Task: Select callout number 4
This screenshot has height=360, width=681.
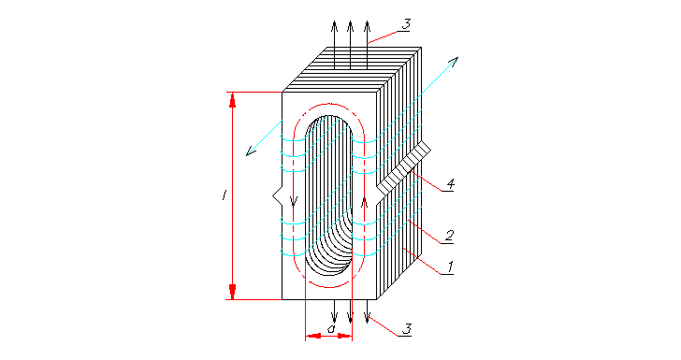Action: pos(450,185)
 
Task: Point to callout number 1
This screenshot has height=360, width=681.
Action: pos(450,266)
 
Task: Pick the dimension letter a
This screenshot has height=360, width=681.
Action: pos(330,329)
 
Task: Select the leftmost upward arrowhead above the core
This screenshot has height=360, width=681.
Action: pos(334,23)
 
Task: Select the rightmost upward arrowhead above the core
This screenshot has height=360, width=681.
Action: pos(367,23)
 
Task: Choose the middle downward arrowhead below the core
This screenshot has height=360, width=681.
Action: pos(351,321)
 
